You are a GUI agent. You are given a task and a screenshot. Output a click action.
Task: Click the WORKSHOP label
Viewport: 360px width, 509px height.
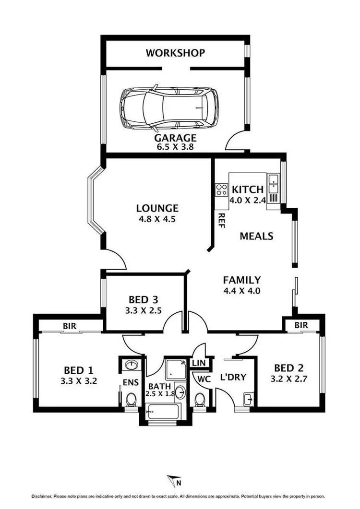[175, 53]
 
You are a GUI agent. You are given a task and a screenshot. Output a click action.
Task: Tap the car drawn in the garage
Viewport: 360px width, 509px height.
[168, 109]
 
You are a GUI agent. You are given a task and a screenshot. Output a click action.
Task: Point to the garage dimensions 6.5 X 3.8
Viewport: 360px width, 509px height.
[175, 148]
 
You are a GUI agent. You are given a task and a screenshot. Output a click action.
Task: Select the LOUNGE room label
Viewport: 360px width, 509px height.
[157, 208]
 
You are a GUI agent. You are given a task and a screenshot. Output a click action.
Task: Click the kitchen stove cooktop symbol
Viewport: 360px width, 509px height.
[221, 189]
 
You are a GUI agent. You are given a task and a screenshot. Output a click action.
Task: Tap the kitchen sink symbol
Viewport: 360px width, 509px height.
[273, 180]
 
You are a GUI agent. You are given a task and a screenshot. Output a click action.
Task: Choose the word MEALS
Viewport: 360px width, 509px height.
[256, 236]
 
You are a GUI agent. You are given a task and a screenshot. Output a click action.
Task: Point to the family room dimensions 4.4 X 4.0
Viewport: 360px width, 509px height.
[241, 290]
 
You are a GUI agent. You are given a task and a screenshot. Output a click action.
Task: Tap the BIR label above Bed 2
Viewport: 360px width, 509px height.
[301, 325]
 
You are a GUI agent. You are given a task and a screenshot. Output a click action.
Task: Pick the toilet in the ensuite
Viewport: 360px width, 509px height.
[130, 399]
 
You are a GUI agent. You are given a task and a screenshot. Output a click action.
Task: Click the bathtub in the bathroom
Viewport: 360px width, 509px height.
[163, 411]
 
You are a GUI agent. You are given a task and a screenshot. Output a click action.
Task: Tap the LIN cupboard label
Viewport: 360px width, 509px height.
[199, 364]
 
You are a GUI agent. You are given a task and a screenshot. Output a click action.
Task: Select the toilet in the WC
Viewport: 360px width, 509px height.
[201, 399]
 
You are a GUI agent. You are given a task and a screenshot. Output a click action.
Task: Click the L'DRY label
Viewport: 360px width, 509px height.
[233, 377]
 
